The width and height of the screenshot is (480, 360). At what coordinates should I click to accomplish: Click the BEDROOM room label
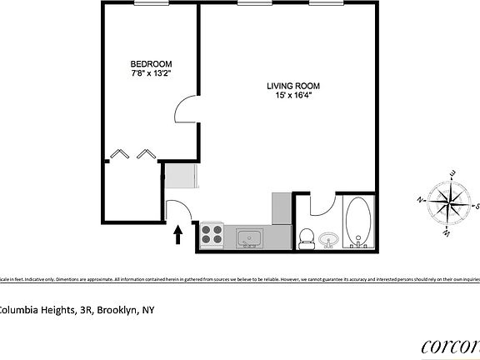[x=151, y=63]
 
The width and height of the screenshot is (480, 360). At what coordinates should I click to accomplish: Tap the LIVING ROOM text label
[x=293, y=86]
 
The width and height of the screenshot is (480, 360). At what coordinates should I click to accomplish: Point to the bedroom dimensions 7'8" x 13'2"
[x=151, y=73]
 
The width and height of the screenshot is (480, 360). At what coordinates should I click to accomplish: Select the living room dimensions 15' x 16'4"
[x=293, y=97]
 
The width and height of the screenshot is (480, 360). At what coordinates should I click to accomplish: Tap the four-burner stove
[x=212, y=235]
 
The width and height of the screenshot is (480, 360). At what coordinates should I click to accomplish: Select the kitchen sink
[x=247, y=240]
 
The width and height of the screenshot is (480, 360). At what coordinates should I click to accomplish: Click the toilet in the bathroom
[x=306, y=237]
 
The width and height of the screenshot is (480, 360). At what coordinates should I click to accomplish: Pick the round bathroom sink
[x=327, y=240]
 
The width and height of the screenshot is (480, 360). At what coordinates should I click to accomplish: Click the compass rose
[x=448, y=202]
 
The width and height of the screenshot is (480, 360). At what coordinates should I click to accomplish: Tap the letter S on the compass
[x=477, y=206]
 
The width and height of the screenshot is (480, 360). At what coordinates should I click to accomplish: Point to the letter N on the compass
[x=420, y=200]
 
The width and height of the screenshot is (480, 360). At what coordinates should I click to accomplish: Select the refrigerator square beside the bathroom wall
[x=282, y=206]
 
